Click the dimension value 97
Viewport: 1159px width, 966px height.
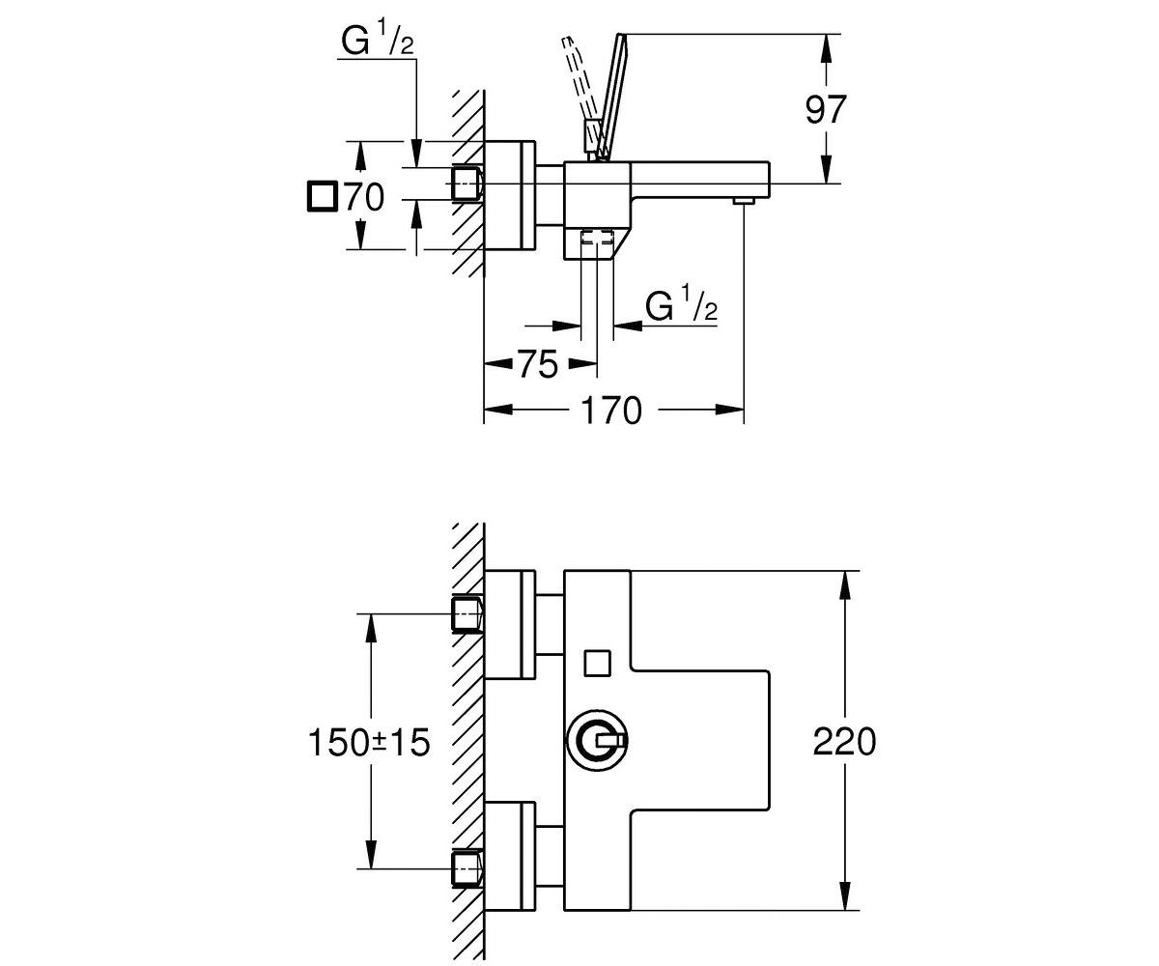(x=826, y=110)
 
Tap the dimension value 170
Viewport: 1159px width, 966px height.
(x=610, y=411)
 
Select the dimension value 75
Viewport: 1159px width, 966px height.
(x=538, y=365)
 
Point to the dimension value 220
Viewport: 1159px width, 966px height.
(x=844, y=742)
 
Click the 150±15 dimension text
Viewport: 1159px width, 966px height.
(x=369, y=742)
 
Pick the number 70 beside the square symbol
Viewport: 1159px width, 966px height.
(x=364, y=197)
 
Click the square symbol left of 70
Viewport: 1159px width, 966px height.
(x=322, y=196)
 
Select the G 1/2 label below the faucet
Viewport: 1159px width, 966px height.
(x=681, y=304)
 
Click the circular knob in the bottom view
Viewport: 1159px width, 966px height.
(x=598, y=741)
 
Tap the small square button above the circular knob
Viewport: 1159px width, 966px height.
(x=597, y=663)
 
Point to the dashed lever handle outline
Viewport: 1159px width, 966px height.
(x=579, y=83)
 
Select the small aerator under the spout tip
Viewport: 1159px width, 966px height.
(x=744, y=200)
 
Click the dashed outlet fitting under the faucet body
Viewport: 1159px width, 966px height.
(x=597, y=237)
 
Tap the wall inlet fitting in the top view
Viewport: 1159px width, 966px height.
(x=467, y=184)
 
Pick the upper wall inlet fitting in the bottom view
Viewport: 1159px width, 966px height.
(x=467, y=614)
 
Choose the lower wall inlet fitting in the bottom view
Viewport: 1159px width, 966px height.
(x=467, y=868)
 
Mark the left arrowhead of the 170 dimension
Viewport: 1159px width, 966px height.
(x=499, y=411)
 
